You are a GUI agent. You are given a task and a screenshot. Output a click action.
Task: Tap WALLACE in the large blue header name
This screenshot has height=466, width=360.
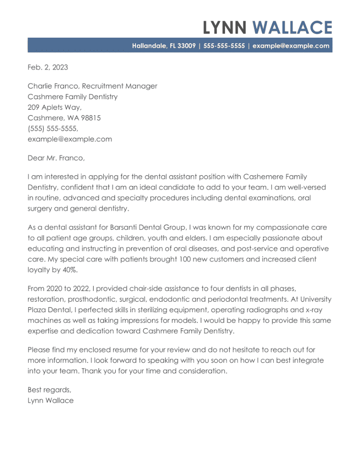(292, 28)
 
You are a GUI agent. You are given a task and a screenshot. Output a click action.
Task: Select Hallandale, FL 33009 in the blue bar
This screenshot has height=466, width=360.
(164, 46)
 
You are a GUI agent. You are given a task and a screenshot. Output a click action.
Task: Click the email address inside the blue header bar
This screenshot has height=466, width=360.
(291, 46)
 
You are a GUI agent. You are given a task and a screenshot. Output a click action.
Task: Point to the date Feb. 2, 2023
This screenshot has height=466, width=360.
(48, 67)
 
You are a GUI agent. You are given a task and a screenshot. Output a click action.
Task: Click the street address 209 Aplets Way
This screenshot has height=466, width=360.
(54, 107)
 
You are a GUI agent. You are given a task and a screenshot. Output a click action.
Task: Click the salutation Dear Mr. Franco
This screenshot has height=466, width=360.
(56, 158)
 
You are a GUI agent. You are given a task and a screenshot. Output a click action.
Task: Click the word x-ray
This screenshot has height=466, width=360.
(321, 310)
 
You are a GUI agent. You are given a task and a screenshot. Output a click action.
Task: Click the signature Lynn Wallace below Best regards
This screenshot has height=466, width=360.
(51, 400)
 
